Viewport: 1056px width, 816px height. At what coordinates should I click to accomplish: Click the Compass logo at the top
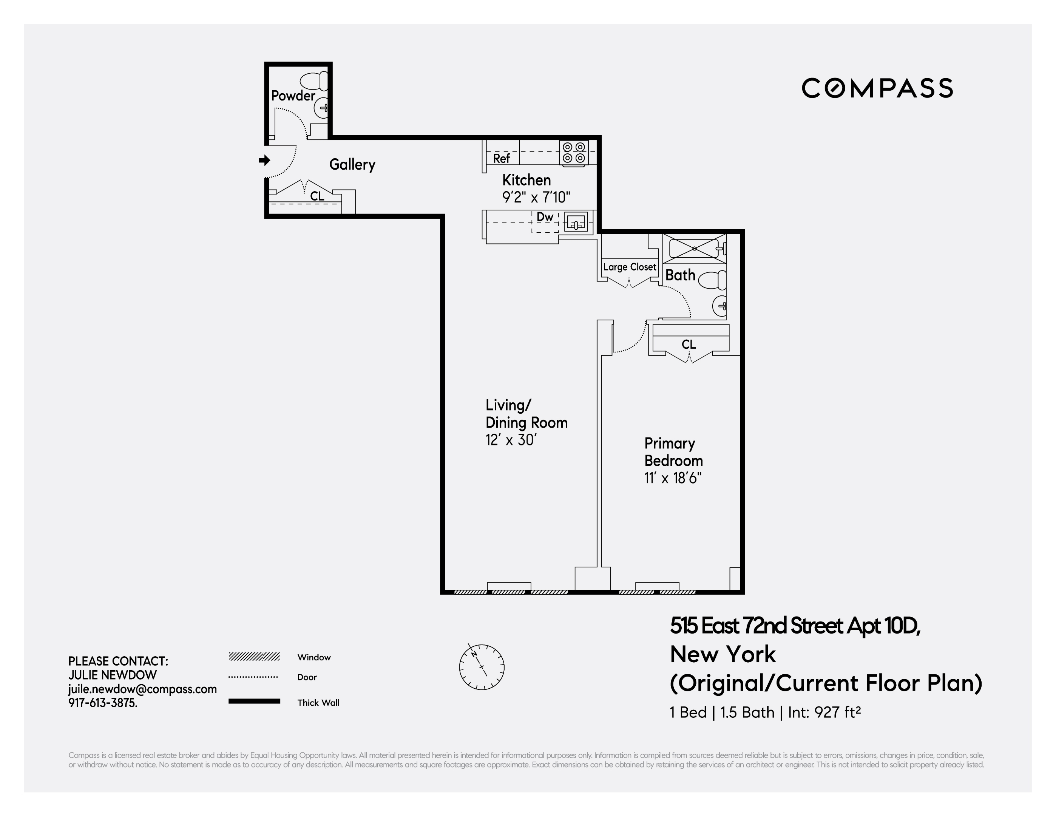(x=877, y=88)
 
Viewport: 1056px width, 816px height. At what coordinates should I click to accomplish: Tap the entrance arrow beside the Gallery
(x=264, y=160)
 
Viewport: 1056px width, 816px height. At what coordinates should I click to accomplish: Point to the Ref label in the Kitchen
(x=502, y=158)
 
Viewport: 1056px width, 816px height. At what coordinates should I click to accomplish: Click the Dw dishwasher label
(x=545, y=217)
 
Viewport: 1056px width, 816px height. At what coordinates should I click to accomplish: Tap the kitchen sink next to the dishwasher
(x=576, y=223)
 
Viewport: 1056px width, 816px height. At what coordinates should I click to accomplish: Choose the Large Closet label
(x=630, y=267)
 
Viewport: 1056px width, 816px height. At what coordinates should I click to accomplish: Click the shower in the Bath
(x=694, y=249)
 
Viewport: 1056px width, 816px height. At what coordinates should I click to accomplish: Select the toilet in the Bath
(x=714, y=280)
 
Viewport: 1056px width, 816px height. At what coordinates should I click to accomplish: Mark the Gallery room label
(x=352, y=164)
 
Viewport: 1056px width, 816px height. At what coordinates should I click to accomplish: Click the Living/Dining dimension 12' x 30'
(x=511, y=440)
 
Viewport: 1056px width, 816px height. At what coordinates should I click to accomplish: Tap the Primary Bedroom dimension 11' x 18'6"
(x=673, y=478)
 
